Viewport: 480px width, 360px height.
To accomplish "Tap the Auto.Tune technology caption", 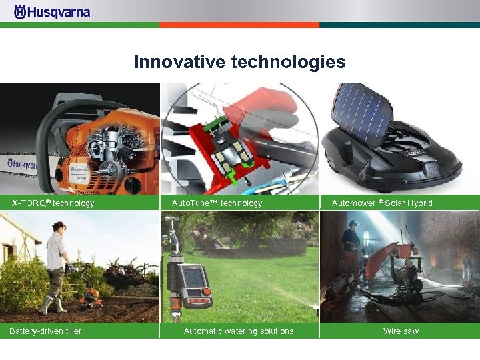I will [217, 203].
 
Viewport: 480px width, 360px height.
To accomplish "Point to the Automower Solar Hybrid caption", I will [382, 203].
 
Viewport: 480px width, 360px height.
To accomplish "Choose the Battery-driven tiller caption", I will [45, 331].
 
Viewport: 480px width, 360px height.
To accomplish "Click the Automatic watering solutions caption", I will [239, 331].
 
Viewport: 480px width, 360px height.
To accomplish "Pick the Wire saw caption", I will [401, 331].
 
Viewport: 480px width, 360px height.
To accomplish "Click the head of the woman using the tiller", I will [57, 227].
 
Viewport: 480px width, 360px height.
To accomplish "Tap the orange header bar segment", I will [239, 25].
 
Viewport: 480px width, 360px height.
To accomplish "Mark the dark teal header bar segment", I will [399, 25].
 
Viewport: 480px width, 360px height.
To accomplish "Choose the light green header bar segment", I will [79, 25].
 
